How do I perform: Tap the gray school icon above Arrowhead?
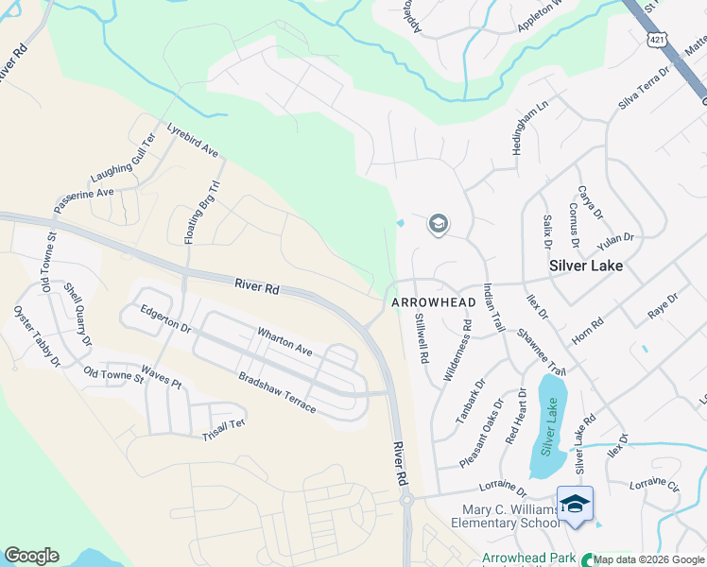[438, 225]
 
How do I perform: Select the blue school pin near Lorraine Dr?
[575, 505]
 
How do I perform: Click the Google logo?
[31, 556]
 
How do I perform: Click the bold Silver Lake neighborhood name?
[586, 266]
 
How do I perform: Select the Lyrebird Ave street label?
[193, 140]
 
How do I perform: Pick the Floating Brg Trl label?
[201, 211]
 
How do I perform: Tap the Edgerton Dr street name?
[165, 318]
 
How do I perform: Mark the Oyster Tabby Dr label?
[37, 335]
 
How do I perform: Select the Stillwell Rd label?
[422, 340]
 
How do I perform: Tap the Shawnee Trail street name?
[542, 351]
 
